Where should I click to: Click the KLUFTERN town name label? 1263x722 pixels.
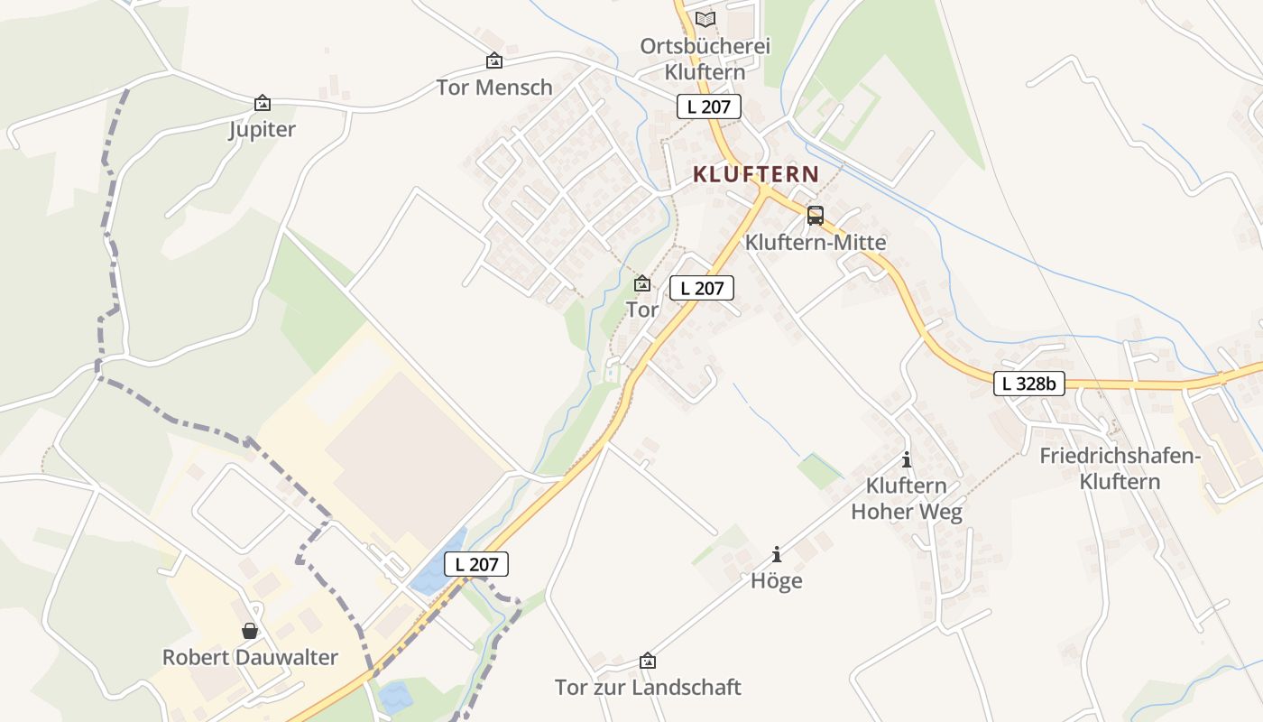pyautogui.click(x=756, y=174)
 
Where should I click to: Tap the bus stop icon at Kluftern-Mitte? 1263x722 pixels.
pyautogui.click(x=816, y=216)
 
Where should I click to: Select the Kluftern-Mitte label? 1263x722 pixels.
pyautogui.click(x=816, y=243)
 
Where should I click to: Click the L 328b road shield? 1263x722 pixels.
pyautogui.click(x=1029, y=384)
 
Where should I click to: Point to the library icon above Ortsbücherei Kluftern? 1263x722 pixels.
pyautogui.click(x=705, y=19)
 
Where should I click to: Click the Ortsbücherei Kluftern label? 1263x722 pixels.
pyautogui.click(x=705, y=59)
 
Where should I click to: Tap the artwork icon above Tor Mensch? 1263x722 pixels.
pyautogui.click(x=494, y=60)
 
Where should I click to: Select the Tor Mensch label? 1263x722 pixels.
pyautogui.click(x=494, y=88)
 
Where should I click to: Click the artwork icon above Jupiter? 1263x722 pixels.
pyautogui.click(x=263, y=103)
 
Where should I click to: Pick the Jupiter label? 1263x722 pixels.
pyautogui.click(x=262, y=130)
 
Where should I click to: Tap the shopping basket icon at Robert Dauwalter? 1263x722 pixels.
pyautogui.click(x=250, y=630)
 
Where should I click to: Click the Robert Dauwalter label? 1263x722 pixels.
pyautogui.click(x=250, y=657)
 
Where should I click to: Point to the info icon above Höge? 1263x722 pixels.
pyautogui.click(x=777, y=554)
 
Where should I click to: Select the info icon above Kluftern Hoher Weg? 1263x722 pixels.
pyautogui.click(x=907, y=459)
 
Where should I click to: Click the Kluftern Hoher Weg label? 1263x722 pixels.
pyautogui.click(x=907, y=499)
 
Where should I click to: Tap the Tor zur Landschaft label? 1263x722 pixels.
pyautogui.click(x=648, y=688)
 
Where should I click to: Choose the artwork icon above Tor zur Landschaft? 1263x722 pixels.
pyautogui.click(x=648, y=661)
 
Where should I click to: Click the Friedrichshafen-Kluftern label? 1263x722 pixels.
pyautogui.click(x=1120, y=468)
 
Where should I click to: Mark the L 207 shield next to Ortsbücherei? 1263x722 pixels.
pyautogui.click(x=709, y=106)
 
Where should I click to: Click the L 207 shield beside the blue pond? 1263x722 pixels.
pyautogui.click(x=476, y=565)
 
